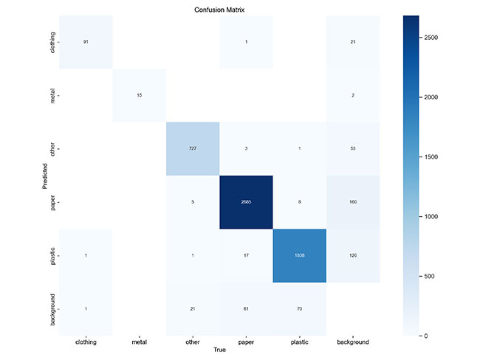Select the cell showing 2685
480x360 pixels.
[246, 201]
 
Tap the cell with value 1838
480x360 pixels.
[299, 255]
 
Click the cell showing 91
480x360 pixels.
[86, 42]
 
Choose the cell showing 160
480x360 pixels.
[353, 201]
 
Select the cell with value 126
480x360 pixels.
[353, 255]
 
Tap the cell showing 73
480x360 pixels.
[299, 308]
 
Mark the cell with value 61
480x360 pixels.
[246, 308]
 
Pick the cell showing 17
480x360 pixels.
[246, 255]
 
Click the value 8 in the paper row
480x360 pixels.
[299, 201]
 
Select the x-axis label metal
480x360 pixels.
[139, 343]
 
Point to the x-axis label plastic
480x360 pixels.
[299, 343]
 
